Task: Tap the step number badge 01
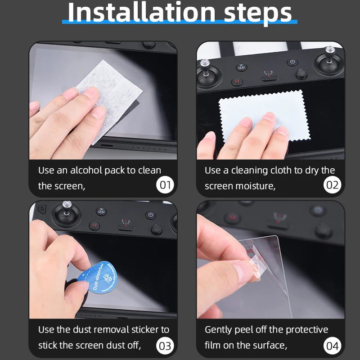(165, 185)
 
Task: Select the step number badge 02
(333, 185)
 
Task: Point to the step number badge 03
(165, 346)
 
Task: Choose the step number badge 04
(333, 346)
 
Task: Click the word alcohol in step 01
(86, 171)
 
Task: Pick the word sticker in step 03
(145, 329)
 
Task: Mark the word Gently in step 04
(219, 329)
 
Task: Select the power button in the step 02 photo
(292, 62)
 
